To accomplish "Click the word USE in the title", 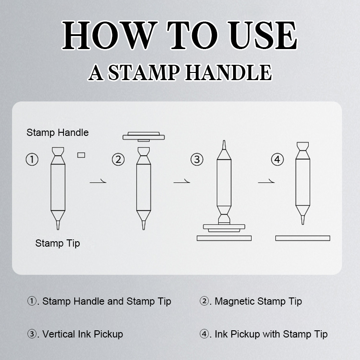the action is pos(264,36).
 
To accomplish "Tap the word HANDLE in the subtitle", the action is pos(229,72).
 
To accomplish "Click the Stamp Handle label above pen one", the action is pos(58,133).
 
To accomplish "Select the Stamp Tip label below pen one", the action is pos(58,243).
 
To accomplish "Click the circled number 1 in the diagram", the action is pos(32,159).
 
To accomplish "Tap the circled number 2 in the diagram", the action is pos(118,159).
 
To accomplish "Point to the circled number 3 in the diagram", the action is pos(197,159).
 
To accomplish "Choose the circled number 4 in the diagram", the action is pos(277,159).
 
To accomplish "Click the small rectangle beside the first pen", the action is pos(81,155).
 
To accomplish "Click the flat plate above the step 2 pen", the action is pos(144,137).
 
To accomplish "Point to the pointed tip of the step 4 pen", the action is pos(302,224).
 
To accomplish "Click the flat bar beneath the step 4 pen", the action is pos(302,238).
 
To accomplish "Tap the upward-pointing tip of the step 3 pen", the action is pos(224,141).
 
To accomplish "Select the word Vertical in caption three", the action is pos(59,334).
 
